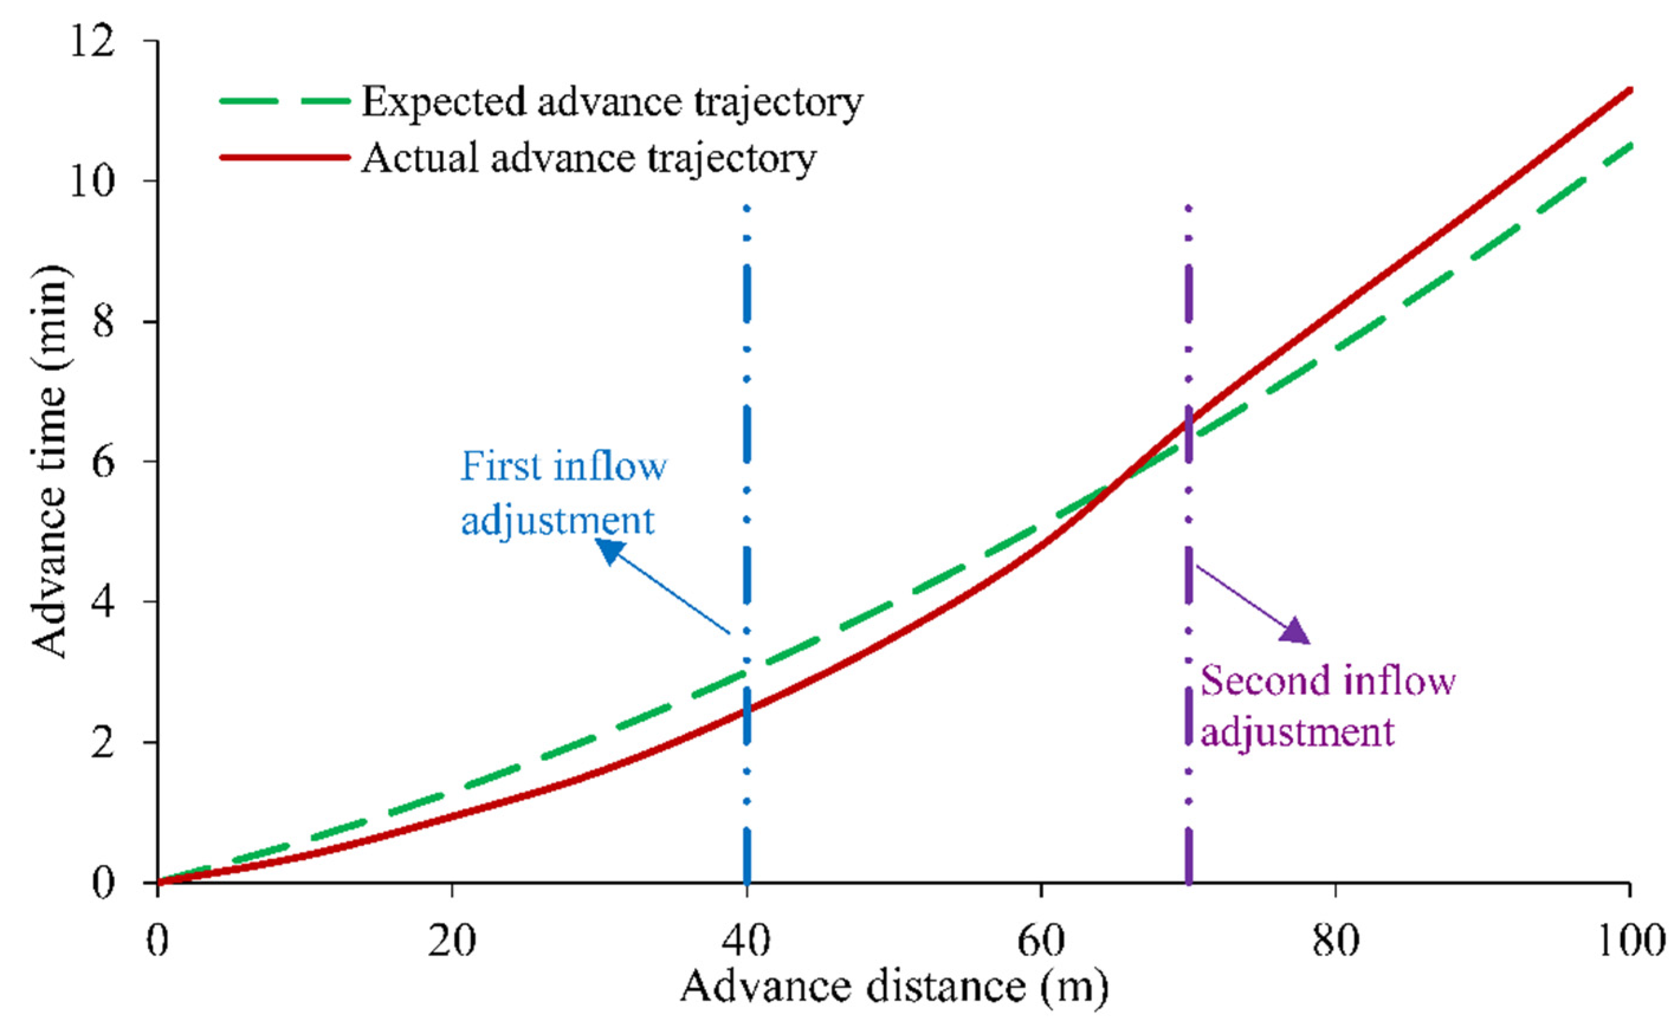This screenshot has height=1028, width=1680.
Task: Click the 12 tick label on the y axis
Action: pyautogui.click(x=90, y=42)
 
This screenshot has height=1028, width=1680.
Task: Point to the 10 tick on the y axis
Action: pyautogui.click(x=90, y=182)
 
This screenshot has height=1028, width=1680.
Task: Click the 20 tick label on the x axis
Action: pyautogui.click(x=451, y=941)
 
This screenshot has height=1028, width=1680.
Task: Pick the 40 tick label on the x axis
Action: pyautogui.click(x=747, y=941)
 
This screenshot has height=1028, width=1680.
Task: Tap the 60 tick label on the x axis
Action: pyautogui.click(x=1041, y=941)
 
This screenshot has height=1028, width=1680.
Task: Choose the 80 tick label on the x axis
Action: pyautogui.click(x=1335, y=941)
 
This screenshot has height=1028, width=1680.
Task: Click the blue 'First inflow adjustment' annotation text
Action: pyautogui.click(x=562, y=493)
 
